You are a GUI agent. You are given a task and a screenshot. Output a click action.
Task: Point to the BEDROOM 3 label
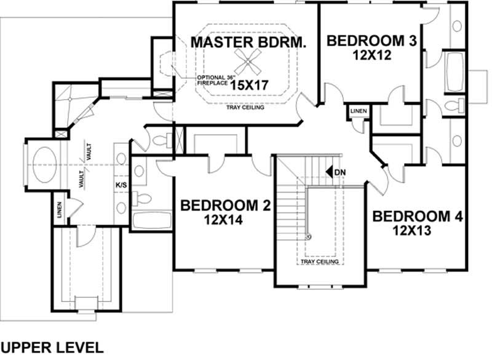pyautogui.click(x=371, y=41)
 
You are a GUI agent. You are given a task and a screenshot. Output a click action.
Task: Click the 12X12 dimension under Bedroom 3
pyautogui.click(x=372, y=55)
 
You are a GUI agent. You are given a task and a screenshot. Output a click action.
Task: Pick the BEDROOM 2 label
pyautogui.click(x=225, y=205)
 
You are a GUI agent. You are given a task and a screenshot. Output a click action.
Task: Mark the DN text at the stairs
pyautogui.click(x=341, y=172)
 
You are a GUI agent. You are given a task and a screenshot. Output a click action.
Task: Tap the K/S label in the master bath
pyautogui.click(x=121, y=184)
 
